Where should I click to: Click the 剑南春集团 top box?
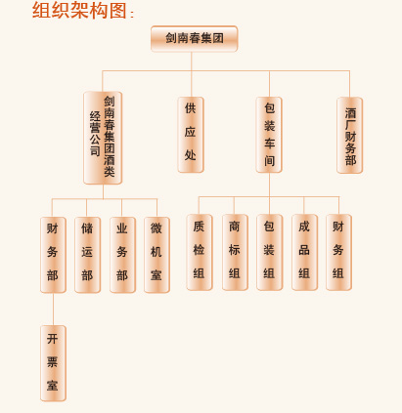(194, 39)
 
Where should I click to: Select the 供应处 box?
(191, 135)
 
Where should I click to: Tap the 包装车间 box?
(269, 135)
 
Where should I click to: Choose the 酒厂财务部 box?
(349, 135)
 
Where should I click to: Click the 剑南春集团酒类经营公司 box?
(103, 138)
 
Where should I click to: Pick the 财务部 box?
(53, 255)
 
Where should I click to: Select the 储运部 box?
(87, 255)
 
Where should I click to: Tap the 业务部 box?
(122, 255)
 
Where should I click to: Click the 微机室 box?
(156, 255)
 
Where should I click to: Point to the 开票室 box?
(53, 363)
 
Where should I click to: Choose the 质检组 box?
(200, 252)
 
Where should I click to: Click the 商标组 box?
(235, 252)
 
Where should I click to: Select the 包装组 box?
(269, 252)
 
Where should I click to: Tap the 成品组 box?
(304, 252)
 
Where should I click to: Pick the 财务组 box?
(338, 252)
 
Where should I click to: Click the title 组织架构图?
(79, 10)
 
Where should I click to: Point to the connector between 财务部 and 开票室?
(53, 310)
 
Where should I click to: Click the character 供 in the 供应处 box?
(191, 108)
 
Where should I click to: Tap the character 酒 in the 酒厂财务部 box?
(350, 113)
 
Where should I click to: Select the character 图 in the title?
(117, 10)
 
